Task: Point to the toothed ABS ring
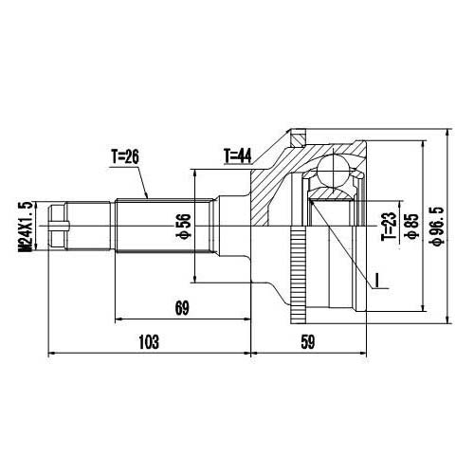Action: tap(301, 275)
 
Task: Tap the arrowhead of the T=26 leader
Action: tap(147, 196)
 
